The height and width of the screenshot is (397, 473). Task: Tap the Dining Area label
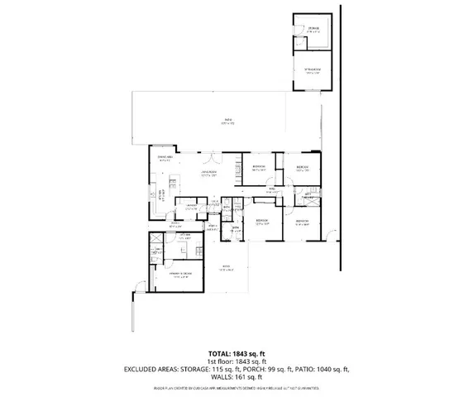(x=164, y=157)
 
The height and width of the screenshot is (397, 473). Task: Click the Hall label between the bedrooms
(x=271, y=189)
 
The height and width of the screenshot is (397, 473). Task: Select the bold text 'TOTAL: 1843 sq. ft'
(x=236, y=352)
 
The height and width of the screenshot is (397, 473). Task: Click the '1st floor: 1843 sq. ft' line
(x=236, y=361)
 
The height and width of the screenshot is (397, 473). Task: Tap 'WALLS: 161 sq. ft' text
(x=236, y=377)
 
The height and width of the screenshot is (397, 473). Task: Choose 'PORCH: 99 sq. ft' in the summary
(x=256, y=369)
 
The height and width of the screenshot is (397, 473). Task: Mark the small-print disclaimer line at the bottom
(x=236, y=386)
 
